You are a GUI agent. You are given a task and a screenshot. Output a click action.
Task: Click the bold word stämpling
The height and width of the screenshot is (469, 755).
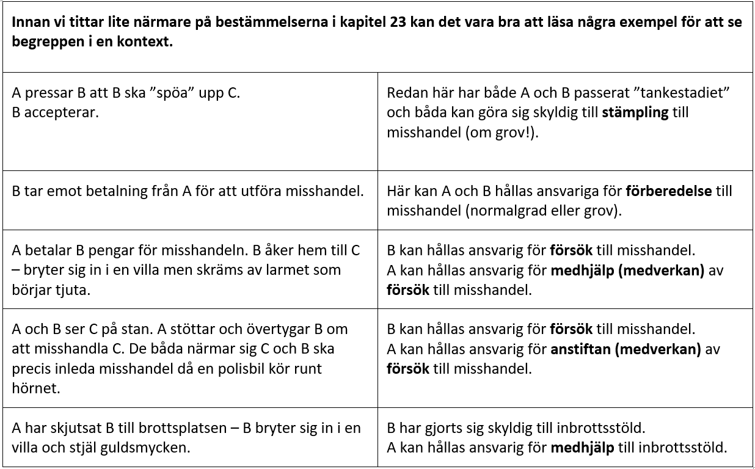coord(636,113)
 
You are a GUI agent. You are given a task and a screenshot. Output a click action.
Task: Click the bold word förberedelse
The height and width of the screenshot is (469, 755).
coord(669,191)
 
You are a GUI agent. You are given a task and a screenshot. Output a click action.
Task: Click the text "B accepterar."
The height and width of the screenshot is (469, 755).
coord(55,113)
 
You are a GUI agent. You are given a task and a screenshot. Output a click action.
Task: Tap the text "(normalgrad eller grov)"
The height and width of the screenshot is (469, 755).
coord(516,210)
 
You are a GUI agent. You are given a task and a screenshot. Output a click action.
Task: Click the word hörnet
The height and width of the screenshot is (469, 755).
coord(35,388)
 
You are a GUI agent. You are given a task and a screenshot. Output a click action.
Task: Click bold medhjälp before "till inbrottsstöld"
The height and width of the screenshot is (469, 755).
coord(582,448)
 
